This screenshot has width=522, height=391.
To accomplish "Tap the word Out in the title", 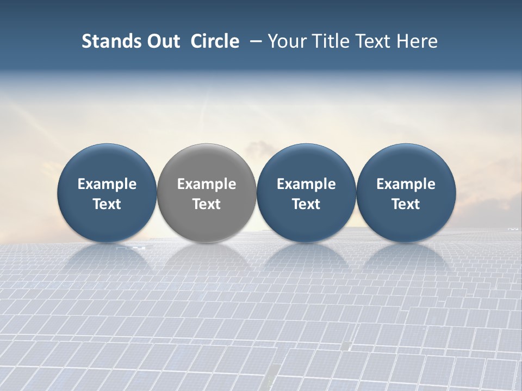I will (x=162, y=41).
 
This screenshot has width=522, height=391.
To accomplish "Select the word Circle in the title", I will (x=215, y=41).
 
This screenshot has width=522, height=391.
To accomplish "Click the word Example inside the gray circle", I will (x=207, y=184).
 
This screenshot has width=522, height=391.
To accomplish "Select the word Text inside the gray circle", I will (x=207, y=204).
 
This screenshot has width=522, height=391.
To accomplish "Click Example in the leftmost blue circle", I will (x=107, y=184).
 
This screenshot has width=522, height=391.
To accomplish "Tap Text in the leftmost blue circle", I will (x=107, y=204).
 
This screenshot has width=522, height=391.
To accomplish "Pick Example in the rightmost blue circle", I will (x=406, y=184).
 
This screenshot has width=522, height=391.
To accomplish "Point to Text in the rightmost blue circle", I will (x=406, y=204).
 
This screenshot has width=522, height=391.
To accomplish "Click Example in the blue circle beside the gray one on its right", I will (x=306, y=184).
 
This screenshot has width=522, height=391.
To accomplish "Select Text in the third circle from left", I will (x=306, y=204).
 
